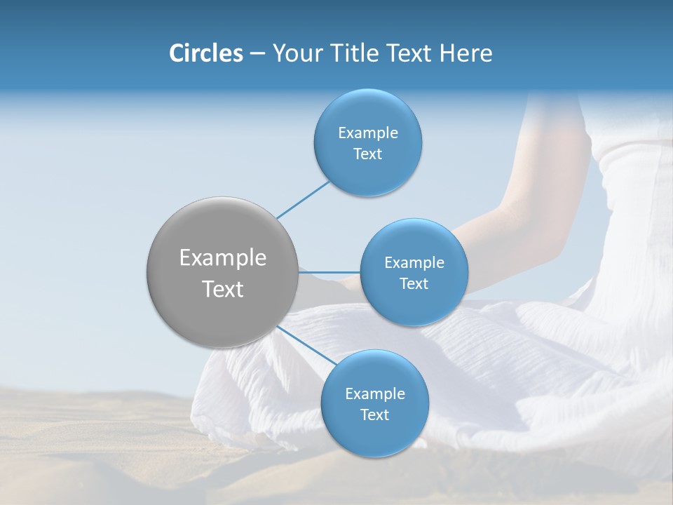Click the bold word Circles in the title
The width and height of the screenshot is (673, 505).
click(205, 53)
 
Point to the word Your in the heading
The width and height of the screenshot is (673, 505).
click(295, 53)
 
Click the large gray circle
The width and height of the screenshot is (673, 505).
click(223, 272)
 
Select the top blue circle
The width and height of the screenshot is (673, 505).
click(367, 143)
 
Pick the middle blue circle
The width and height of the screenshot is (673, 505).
click(414, 272)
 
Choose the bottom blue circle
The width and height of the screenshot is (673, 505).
click(374, 404)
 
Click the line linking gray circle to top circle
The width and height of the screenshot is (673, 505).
click(303, 200)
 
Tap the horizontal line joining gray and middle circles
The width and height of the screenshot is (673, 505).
click(329, 272)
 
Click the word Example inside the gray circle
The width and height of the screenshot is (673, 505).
click(223, 258)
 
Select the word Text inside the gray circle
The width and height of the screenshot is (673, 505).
click(223, 289)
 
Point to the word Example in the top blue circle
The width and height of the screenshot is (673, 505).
click(367, 133)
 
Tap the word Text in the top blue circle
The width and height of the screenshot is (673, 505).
click(367, 154)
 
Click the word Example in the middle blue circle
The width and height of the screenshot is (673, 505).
click(414, 262)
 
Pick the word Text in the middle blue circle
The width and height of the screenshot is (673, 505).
click(414, 283)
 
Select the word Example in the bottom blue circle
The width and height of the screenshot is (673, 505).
click(374, 393)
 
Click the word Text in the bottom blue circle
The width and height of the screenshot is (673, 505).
click(374, 415)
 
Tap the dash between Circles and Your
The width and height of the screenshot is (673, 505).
click(257, 53)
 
